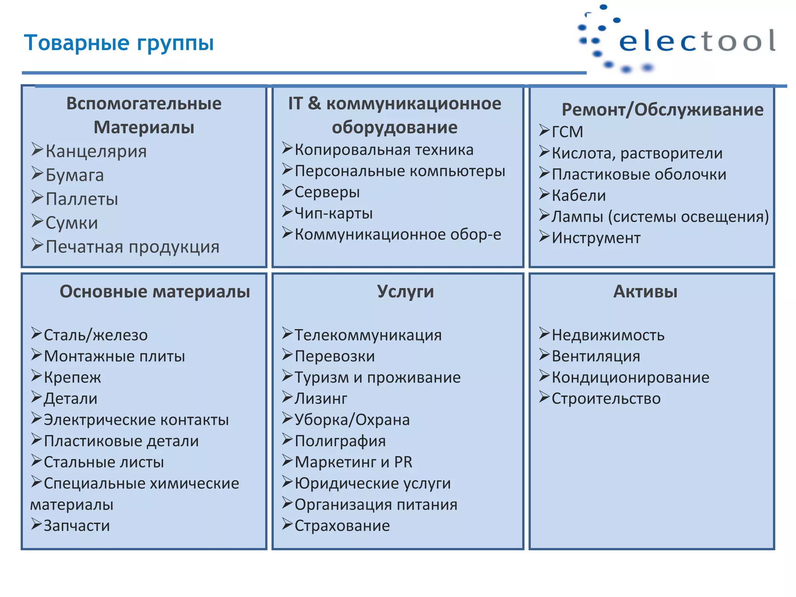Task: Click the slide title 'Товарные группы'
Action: pyautogui.click(x=119, y=43)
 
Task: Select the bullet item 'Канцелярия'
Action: pyautogui.click(x=96, y=151)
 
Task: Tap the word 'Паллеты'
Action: pyautogui.click(x=82, y=199)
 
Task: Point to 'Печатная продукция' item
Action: pyautogui.click(x=133, y=247)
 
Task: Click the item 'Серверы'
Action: pyautogui.click(x=327, y=192)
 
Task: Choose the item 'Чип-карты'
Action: pyautogui.click(x=333, y=213)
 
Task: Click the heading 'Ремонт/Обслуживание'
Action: pyautogui.click(x=662, y=110)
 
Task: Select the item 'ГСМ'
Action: pyautogui.click(x=567, y=132)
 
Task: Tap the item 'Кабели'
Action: pyautogui.click(x=578, y=196)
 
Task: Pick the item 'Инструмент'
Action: pyautogui.click(x=596, y=238)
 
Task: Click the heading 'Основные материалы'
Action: pyautogui.click(x=155, y=292)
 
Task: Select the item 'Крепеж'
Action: pyautogui.click(x=72, y=377)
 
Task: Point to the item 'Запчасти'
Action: pyautogui.click(x=77, y=526)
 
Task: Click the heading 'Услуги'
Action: pyautogui.click(x=405, y=292)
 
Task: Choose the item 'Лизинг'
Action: pyautogui.click(x=321, y=399)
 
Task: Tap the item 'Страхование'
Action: pyautogui.click(x=342, y=526)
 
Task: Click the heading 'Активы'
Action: pyautogui.click(x=645, y=292)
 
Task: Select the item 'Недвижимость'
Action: pyautogui.click(x=608, y=335)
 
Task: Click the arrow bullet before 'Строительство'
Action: pyautogui.click(x=544, y=397)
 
